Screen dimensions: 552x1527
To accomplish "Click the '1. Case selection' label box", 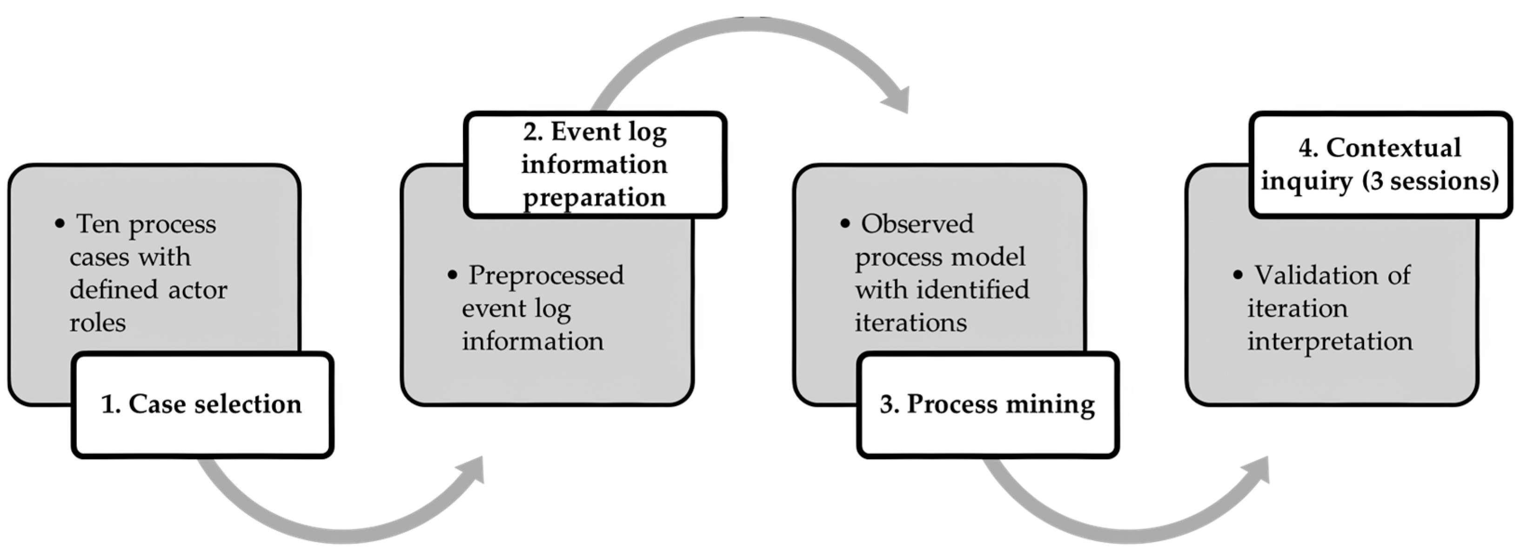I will coord(201,405).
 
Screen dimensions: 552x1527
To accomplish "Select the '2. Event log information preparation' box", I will coord(595,164).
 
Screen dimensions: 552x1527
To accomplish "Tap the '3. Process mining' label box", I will coord(987,405).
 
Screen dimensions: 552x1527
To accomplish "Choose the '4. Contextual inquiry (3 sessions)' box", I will coord(1380,164).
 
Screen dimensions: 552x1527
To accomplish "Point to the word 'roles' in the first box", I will coord(97,323).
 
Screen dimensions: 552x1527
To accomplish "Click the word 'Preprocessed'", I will coord(546,276).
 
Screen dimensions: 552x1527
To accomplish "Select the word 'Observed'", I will coord(917,224).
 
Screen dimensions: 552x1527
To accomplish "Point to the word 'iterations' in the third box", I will coord(910,323).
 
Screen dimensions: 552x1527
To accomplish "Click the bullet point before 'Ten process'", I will coord(59,224).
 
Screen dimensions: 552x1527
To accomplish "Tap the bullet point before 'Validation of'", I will coord(1237,276).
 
